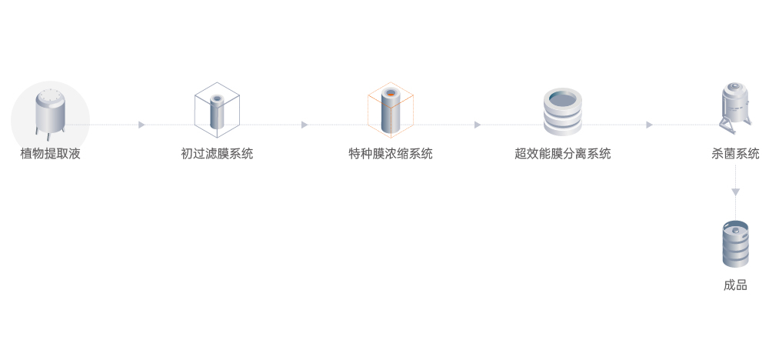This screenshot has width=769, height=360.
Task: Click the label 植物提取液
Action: pyautogui.click(x=50, y=154)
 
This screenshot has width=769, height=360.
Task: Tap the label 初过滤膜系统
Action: pyautogui.click(x=217, y=154)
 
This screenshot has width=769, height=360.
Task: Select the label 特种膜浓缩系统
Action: pyautogui.click(x=391, y=154)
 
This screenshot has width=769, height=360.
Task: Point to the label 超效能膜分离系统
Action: pyautogui.click(x=563, y=154)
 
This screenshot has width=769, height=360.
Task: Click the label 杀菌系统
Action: pyautogui.click(x=736, y=154)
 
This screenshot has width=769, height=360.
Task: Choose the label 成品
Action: pyautogui.click(x=735, y=285)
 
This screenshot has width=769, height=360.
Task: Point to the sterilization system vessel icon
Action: pyautogui.click(x=735, y=106)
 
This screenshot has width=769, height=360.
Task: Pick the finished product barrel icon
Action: pyautogui.click(x=735, y=245)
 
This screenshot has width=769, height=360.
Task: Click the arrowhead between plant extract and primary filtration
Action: pyautogui.click(x=141, y=125)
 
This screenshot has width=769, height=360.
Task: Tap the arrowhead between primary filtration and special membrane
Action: pyautogui.click(x=305, y=125)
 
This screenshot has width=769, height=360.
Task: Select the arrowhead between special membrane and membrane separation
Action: pyautogui.click(x=478, y=125)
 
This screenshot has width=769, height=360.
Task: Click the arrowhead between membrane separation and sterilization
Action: pyautogui.click(x=650, y=125)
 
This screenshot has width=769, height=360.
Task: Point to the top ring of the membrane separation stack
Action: pyautogui.click(x=563, y=99)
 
